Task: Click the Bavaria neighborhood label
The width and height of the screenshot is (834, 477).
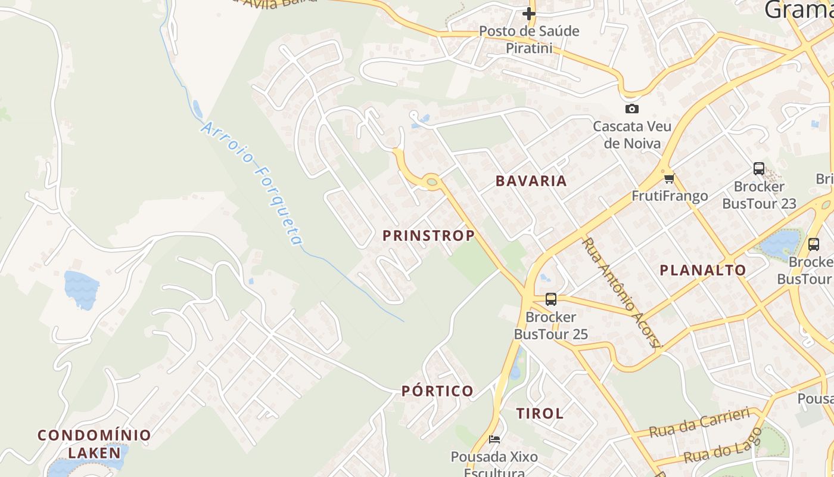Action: (531, 181)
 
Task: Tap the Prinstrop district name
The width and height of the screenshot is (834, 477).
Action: (428, 236)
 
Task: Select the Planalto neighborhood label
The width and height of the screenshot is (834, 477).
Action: (702, 270)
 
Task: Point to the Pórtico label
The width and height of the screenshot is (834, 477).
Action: (437, 391)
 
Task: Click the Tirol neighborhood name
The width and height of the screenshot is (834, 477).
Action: (539, 413)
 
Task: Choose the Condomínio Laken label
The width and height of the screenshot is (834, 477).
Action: (94, 444)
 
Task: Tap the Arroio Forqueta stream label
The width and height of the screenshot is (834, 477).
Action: (253, 184)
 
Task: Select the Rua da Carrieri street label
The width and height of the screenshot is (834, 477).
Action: (699, 423)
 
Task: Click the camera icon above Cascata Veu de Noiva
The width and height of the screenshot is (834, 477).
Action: (631, 109)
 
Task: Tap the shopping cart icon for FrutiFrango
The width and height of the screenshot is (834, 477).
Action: (669, 178)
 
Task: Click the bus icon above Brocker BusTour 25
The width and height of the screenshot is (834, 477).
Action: (550, 299)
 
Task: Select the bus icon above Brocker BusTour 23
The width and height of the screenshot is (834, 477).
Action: (758, 169)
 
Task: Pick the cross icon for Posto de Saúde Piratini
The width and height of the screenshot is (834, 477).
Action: (529, 13)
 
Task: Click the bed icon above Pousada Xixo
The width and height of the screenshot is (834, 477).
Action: (494, 439)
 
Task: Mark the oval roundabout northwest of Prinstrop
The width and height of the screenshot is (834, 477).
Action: (431, 181)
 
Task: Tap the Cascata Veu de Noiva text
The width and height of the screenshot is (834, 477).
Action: (631, 135)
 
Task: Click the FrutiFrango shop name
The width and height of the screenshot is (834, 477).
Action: (669, 196)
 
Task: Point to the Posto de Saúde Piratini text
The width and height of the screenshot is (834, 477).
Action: (529, 39)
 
